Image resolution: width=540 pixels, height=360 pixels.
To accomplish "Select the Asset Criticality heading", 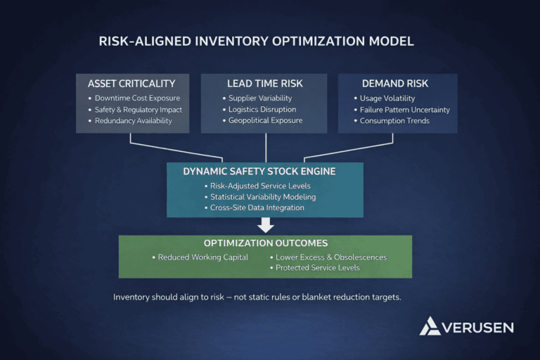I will (x=131, y=84).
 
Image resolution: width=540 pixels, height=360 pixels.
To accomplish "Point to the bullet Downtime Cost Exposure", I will (x=137, y=98).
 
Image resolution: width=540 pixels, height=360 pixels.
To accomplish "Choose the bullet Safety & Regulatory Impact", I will (x=139, y=110).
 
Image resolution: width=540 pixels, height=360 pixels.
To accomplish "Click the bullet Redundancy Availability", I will (x=134, y=121).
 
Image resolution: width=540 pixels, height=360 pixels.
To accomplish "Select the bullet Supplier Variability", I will (x=259, y=98).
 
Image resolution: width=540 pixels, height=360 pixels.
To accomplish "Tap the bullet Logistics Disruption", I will (x=262, y=110).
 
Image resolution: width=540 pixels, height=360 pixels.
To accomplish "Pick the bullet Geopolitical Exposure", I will (x=265, y=121).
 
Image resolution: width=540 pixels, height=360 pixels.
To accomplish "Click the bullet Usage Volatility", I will (x=387, y=98).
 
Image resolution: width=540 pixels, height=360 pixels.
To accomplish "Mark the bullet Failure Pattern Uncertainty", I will (x=404, y=110).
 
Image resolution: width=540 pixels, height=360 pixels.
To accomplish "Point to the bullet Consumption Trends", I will (x=394, y=121).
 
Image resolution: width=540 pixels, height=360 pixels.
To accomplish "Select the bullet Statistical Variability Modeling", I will (x=263, y=197).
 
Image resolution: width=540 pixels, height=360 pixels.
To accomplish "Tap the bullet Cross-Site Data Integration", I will (x=257, y=208).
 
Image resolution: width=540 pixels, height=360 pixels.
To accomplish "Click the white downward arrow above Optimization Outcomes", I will (x=265, y=225).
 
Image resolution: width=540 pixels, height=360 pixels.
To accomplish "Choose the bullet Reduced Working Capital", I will (x=202, y=257).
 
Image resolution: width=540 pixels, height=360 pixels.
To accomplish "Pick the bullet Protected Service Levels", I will (x=317, y=268).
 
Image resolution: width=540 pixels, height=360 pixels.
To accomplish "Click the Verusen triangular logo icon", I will (x=430, y=326).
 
